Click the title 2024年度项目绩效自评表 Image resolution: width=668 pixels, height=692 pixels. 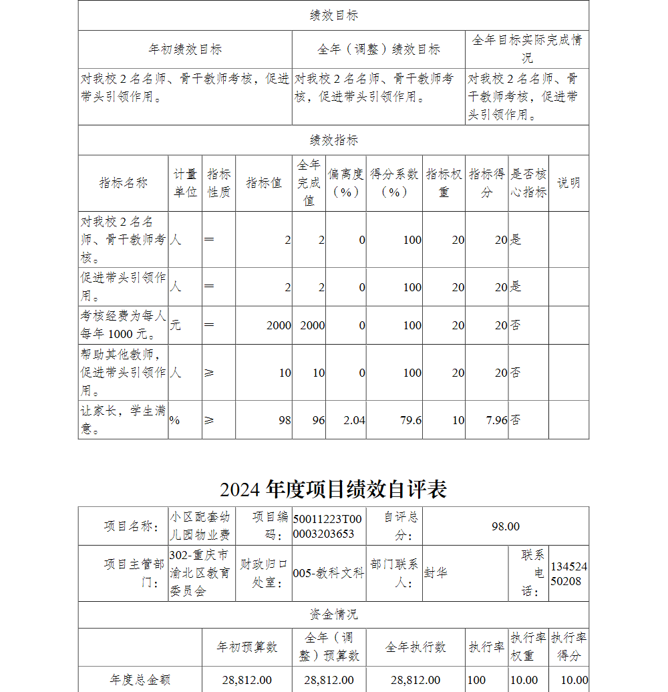[x=333, y=490]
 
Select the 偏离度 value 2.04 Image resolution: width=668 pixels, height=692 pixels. [x=353, y=420]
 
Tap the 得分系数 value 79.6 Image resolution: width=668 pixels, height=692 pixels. [x=411, y=420]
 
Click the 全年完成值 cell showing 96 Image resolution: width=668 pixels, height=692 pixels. [x=318, y=420]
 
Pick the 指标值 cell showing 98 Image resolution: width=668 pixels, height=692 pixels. [x=285, y=420]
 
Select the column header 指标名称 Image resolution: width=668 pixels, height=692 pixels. [x=123, y=183]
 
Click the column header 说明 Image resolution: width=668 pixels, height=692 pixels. [x=568, y=183]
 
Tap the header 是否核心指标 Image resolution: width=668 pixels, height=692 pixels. [x=528, y=183]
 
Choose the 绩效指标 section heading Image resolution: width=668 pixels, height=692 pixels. [x=333, y=140]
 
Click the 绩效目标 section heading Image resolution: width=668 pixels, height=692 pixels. [x=333, y=15]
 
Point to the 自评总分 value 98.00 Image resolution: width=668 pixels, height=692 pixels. [x=506, y=526]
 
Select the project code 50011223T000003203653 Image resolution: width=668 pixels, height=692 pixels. [x=327, y=526]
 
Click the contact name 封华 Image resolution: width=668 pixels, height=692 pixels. [x=436, y=573]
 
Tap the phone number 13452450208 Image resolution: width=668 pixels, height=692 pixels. [x=568, y=574]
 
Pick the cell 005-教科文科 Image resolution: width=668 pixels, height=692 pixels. [x=329, y=573]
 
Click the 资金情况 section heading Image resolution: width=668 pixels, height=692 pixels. [x=333, y=615]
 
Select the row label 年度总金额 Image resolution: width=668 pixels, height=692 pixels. [x=140, y=680]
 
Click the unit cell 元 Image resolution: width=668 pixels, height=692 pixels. [x=176, y=325]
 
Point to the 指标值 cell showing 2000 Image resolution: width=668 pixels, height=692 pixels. [x=279, y=325]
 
